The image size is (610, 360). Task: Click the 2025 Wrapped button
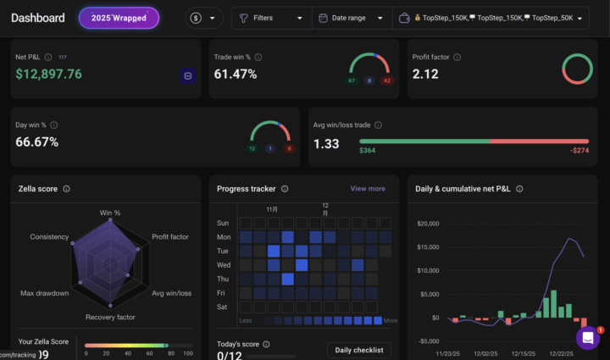(x=119, y=18)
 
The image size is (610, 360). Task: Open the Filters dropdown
(x=270, y=18)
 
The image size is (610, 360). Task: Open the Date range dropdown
(x=351, y=18)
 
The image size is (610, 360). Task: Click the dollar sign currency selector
(x=203, y=18)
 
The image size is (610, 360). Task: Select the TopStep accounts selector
(x=491, y=18)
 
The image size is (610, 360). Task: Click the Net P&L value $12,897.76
(x=49, y=75)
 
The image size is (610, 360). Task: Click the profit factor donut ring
(x=577, y=69)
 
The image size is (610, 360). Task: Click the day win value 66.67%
(x=37, y=142)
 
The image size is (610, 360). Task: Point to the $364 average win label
(x=367, y=151)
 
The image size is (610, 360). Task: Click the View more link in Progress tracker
(x=368, y=189)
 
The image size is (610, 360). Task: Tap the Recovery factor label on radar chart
(x=111, y=317)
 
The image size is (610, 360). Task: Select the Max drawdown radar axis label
(x=44, y=293)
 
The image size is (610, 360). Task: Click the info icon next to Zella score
(x=66, y=189)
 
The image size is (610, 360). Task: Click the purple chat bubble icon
(x=588, y=338)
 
